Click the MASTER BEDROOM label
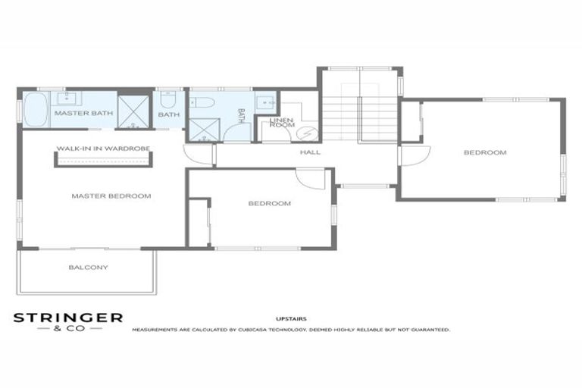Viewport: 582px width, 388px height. click(111, 196)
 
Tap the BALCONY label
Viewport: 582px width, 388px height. click(88, 268)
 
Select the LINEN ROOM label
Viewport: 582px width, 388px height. click(282, 122)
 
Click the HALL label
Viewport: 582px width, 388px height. click(310, 152)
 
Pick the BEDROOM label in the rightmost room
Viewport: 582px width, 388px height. click(484, 153)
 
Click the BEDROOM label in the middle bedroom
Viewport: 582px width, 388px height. click(269, 203)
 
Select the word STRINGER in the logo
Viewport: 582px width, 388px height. click(67, 318)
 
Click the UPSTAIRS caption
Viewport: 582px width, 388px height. click(292, 319)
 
